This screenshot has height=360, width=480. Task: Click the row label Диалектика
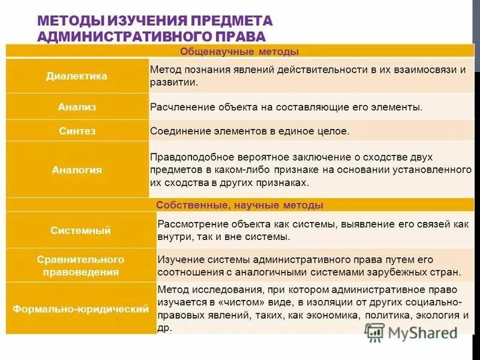(77, 76)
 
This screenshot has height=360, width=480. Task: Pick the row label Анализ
(77, 107)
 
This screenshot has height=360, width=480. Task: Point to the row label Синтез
(77, 130)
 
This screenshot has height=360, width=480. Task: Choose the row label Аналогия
(77, 170)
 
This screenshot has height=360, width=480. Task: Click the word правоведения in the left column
(80, 272)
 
